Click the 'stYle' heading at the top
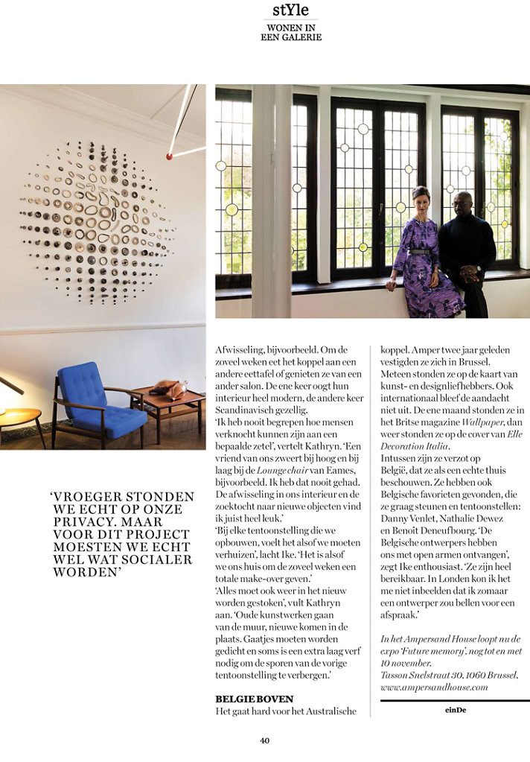click(x=290, y=10)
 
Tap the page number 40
click(x=264, y=740)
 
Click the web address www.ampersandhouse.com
click(x=434, y=688)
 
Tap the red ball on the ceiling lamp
click(x=169, y=156)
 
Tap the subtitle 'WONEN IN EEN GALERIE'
click(x=291, y=33)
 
